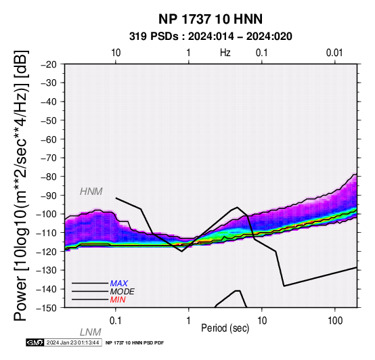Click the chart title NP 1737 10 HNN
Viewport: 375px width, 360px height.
coord(211,19)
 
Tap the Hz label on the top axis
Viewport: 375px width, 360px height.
coord(225,53)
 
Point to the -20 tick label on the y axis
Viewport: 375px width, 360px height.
coord(49,64)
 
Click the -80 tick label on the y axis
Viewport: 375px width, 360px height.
coord(49,177)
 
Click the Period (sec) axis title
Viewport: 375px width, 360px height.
coord(225,328)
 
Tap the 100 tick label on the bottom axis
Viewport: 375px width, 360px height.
coord(335,321)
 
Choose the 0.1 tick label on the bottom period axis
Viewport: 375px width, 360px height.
coord(116,321)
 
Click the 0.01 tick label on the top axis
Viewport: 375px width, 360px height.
coord(334,53)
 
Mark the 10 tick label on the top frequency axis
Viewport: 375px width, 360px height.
coord(116,53)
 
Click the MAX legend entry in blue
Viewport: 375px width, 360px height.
coord(118,284)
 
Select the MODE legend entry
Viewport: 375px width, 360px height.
coord(122,292)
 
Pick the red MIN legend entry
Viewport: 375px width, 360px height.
coord(118,300)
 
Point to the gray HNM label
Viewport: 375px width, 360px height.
coord(91,192)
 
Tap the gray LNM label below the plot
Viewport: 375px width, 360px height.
coord(91,332)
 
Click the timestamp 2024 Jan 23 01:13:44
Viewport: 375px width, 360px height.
coord(72,342)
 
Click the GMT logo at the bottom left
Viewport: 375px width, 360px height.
coord(35,342)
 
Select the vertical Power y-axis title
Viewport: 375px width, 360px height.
coord(21,185)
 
